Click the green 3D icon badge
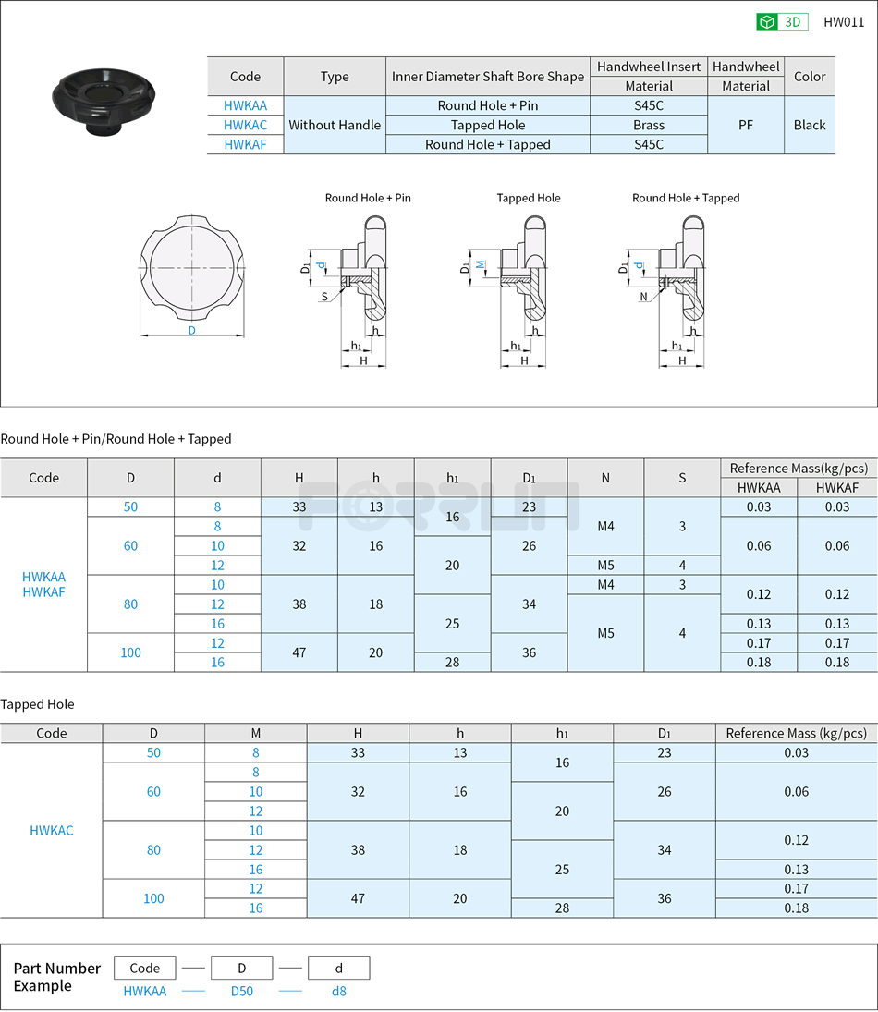[782, 22]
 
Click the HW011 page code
[843, 22]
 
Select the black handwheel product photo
[102, 99]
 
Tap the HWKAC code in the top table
[245, 125]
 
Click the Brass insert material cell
[648, 125]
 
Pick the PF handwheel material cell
[745, 125]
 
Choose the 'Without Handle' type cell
[335, 125]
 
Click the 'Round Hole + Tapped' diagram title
[686, 198]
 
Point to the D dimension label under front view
[192, 330]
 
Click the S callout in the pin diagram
[324, 297]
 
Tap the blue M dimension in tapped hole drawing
[480, 263]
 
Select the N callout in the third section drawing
[643, 297]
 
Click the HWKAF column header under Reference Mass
[836, 487]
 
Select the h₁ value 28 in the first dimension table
[452, 662]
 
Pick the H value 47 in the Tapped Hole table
[358, 898]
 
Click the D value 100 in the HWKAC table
[153, 898]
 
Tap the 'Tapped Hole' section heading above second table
[37, 704]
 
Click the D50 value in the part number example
[241, 991]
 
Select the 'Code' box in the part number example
[145, 968]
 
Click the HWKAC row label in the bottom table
[52, 830]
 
